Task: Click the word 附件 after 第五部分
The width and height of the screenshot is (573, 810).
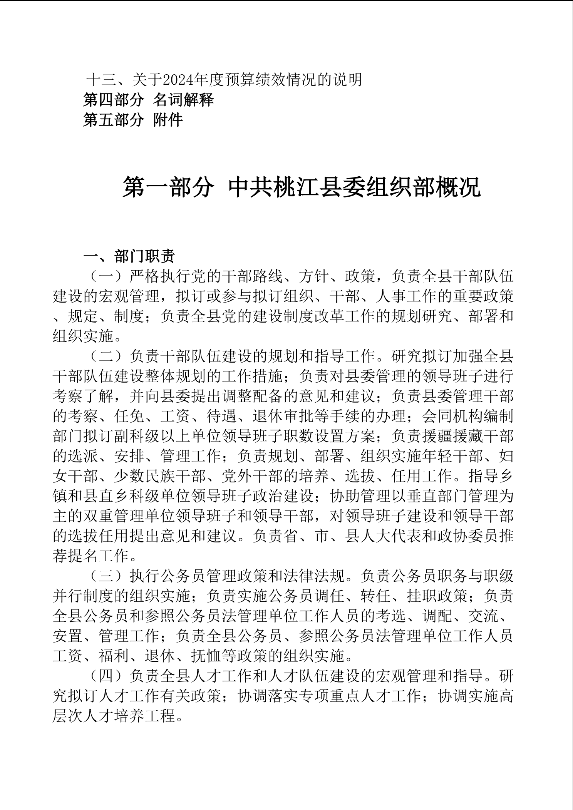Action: (x=168, y=120)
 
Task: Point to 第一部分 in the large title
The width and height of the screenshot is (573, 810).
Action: (x=168, y=187)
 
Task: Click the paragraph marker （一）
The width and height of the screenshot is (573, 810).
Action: (x=106, y=276)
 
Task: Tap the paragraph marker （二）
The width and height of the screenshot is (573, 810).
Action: (x=106, y=356)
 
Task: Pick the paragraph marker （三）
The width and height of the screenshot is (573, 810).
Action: (x=106, y=576)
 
